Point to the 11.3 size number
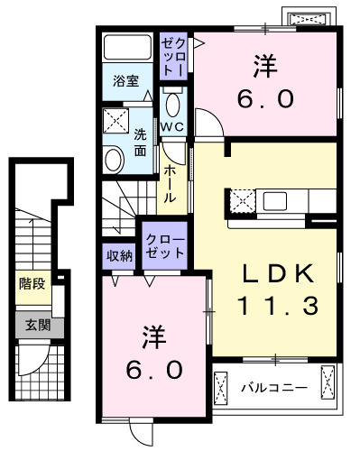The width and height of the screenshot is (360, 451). click(277, 307)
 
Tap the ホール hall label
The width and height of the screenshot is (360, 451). click(169, 184)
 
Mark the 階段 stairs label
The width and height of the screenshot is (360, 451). click(31, 282)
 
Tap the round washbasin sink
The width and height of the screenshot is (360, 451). click(115, 161)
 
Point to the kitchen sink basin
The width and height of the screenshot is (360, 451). click(287, 199)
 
